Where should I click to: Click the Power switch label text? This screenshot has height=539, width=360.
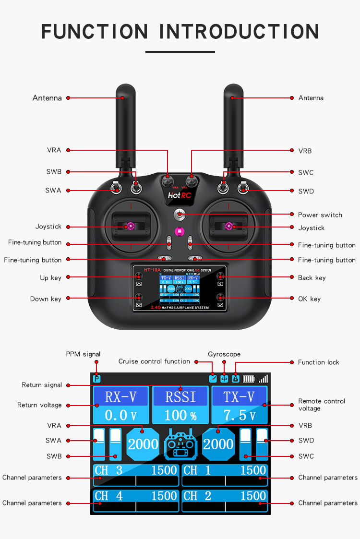click(x=320, y=215)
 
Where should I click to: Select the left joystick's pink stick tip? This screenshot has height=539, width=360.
click(x=130, y=225)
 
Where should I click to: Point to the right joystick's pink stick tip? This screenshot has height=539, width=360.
click(x=229, y=226)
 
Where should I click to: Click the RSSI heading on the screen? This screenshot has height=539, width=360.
click(x=180, y=397)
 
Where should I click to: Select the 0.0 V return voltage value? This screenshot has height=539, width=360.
click(x=120, y=415)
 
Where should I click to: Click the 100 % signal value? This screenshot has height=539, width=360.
click(x=180, y=415)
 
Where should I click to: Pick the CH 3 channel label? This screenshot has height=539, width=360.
click(x=108, y=470)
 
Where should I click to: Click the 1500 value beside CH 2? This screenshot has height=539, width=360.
click(x=253, y=496)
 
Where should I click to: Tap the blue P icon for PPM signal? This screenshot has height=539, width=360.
click(x=97, y=379)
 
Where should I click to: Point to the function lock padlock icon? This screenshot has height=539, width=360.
click(x=235, y=379)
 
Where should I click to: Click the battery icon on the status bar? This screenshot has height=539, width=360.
click(x=249, y=379)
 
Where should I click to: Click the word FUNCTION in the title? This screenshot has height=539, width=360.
click(x=95, y=32)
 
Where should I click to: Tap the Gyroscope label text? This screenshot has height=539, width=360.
click(x=224, y=354)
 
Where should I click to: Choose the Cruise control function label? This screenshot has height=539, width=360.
click(x=154, y=361)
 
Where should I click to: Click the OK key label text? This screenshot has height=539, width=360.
click(x=309, y=299)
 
